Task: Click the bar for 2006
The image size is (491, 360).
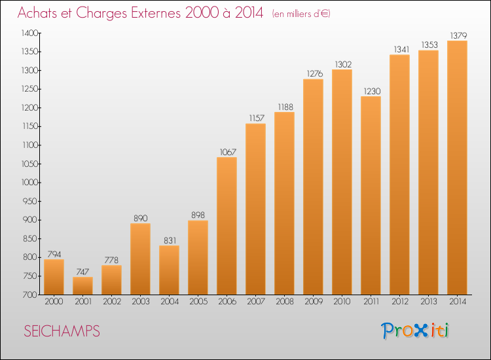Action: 227,226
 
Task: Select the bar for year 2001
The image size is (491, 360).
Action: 82,285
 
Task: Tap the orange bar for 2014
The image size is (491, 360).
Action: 457,168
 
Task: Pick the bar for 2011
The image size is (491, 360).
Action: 371,195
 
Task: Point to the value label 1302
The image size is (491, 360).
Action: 343,65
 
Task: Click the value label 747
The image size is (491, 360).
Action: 82,272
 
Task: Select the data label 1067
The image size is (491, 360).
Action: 228,152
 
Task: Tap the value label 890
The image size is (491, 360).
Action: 141,218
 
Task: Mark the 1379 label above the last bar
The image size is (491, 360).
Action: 458,36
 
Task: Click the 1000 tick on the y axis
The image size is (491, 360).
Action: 30,183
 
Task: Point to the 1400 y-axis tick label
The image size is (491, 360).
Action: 30,33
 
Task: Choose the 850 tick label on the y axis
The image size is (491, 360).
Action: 31,238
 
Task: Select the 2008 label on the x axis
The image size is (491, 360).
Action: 285,302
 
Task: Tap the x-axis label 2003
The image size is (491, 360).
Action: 141,302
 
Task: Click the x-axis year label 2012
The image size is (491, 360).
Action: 400,302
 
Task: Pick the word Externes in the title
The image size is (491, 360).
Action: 156,12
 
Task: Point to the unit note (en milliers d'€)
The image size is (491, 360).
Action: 301,14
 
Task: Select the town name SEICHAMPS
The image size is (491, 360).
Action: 62,331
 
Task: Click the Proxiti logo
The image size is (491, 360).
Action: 415,331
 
